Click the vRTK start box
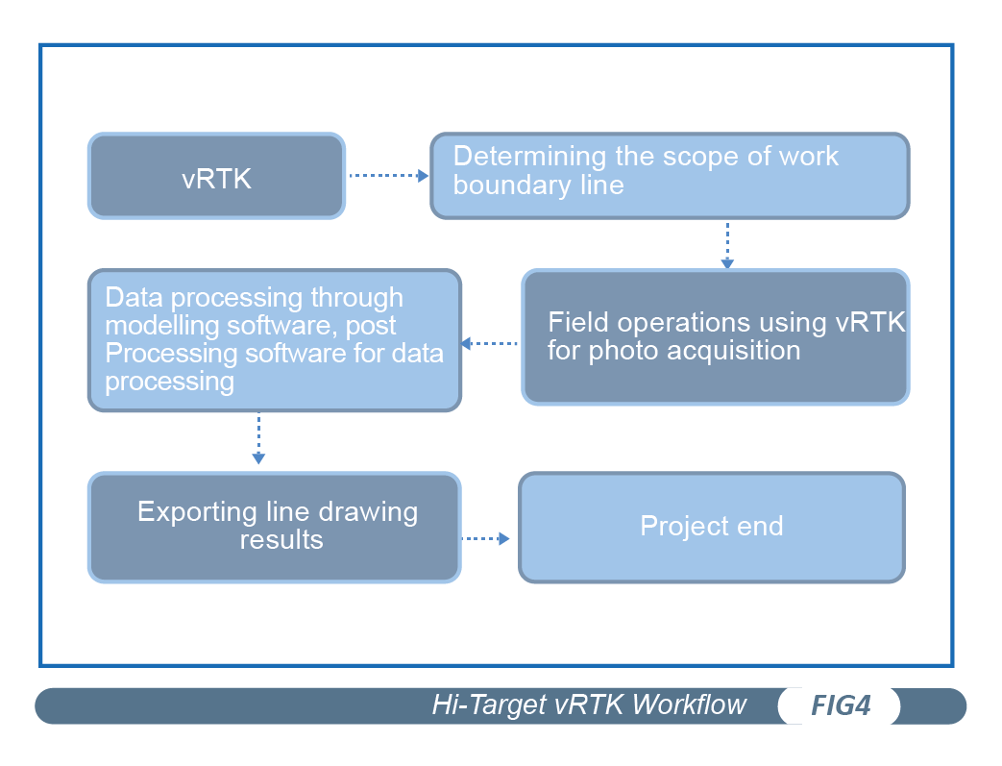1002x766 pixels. coord(216,177)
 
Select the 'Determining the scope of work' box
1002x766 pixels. coord(669,177)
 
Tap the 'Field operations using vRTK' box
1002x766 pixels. coord(715,337)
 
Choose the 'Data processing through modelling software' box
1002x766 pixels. coord(275,341)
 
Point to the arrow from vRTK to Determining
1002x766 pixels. coord(388,176)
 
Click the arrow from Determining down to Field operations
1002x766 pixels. coord(727,246)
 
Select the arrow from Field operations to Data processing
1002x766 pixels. coord(490,343)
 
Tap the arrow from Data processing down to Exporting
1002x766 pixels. coord(257,441)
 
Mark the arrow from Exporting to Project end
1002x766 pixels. coord(486,539)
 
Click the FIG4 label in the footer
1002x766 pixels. coord(840,706)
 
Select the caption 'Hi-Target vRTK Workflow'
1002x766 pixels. coord(588,705)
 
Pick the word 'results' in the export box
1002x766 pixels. coord(281,539)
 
